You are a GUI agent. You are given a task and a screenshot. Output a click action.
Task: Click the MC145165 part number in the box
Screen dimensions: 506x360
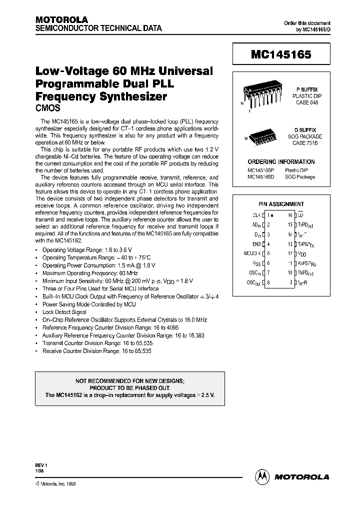280,55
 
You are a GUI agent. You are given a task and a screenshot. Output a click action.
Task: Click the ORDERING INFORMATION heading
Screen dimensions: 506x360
281,162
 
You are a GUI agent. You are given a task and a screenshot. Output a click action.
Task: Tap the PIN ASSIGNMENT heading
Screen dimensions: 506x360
281,204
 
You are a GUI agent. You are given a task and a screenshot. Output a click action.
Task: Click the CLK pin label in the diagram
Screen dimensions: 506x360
257,215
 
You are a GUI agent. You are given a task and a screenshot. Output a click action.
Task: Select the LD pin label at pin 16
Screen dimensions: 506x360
300,215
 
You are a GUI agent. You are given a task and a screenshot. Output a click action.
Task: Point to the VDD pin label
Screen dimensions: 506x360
301,253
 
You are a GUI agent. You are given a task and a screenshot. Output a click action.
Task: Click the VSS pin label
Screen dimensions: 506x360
256,263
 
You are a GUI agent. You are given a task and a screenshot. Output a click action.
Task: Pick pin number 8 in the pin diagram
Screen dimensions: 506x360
268,282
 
